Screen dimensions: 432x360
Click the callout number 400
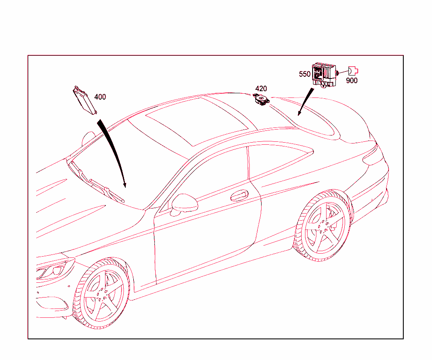point(100,97)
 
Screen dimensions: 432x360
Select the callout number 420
point(261,89)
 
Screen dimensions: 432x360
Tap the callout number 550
point(305,74)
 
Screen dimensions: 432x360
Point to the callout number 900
point(351,81)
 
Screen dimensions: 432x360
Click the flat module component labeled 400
point(85,100)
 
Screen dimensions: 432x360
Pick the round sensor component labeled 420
point(261,99)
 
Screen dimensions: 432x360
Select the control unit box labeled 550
point(324,75)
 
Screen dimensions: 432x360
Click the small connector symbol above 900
point(353,71)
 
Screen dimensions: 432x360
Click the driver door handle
point(239,195)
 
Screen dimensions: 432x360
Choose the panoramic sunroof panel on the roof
point(197,121)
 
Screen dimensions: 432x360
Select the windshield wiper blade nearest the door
point(107,191)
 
